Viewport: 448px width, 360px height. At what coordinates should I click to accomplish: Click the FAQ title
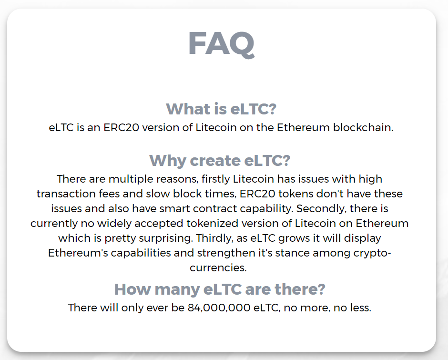[x=221, y=44]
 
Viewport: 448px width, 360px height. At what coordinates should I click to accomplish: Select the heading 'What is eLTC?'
[x=221, y=109]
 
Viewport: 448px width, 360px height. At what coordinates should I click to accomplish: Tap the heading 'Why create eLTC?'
[x=220, y=160]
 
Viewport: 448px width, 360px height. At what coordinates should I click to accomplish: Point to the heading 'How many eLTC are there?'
[x=220, y=289]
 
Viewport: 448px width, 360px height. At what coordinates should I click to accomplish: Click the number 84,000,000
[x=219, y=308]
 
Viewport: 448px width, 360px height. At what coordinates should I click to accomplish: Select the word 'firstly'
[x=216, y=179]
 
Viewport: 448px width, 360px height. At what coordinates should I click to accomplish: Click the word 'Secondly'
[x=321, y=209]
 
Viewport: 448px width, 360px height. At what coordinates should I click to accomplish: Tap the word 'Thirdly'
[x=215, y=238]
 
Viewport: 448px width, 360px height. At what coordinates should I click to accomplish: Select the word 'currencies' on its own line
[x=218, y=268]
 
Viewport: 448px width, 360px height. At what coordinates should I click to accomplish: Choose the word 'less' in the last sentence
[x=361, y=308]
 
